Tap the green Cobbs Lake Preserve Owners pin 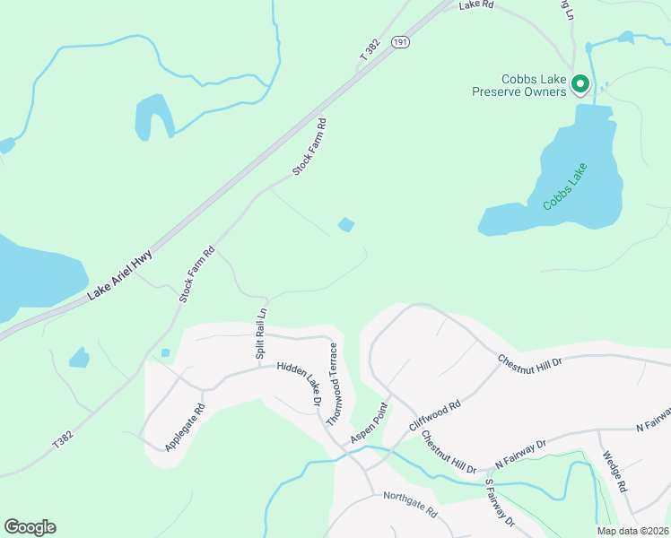[579, 84]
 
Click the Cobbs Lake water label [565, 187]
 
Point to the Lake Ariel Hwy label [120, 274]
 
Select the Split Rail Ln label [262, 334]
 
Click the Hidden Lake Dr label [299, 380]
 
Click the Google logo [30, 527]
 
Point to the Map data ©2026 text [632, 531]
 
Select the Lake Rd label [476, 5]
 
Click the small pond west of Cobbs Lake [345, 224]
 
